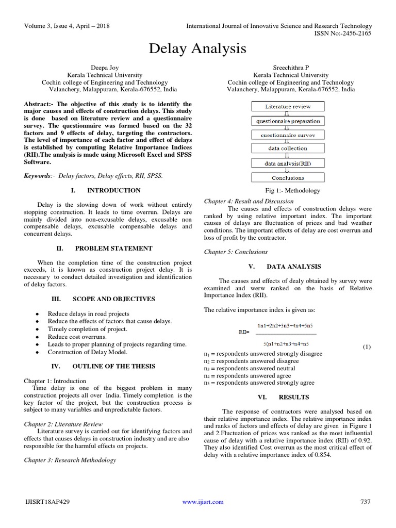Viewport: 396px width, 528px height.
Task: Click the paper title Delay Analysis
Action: (x=198, y=49)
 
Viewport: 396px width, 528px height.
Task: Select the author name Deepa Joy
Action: (x=105, y=68)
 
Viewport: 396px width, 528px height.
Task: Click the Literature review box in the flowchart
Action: (x=288, y=107)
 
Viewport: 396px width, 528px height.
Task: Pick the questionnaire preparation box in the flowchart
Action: (x=288, y=121)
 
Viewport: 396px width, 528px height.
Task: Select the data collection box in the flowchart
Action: (x=288, y=148)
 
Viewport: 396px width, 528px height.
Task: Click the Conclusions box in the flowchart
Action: (x=288, y=177)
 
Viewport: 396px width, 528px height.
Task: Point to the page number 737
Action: (x=365, y=502)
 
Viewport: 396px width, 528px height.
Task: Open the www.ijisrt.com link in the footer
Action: (x=203, y=502)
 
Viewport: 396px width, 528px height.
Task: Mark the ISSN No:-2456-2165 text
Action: (x=342, y=33)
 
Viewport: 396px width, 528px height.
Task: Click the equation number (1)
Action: (x=366, y=346)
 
